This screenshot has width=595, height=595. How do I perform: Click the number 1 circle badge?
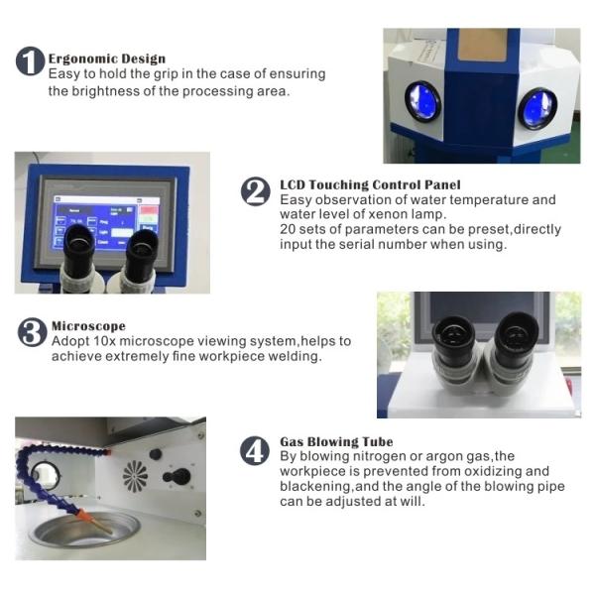(x=31, y=61)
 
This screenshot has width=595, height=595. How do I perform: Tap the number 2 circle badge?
(x=256, y=191)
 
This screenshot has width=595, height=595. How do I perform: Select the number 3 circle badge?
(x=33, y=332)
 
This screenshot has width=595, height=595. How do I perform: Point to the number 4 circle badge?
(x=255, y=450)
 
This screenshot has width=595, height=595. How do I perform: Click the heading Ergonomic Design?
(x=107, y=59)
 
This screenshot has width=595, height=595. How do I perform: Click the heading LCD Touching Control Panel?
(x=370, y=184)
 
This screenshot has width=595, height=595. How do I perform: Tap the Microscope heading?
(x=88, y=326)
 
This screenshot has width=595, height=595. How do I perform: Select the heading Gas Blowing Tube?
(x=336, y=441)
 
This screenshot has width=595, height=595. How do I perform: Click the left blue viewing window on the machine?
(x=423, y=101)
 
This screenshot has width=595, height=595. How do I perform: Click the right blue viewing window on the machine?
(x=537, y=108)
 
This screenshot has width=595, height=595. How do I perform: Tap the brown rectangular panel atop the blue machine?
(x=483, y=45)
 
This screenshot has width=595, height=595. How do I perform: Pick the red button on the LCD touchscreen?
(x=150, y=210)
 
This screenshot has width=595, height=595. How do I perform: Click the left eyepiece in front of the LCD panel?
(x=78, y=258)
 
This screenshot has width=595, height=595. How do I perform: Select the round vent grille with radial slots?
(x=136, y=476)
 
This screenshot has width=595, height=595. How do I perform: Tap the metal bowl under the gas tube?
(x=85, y=530)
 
